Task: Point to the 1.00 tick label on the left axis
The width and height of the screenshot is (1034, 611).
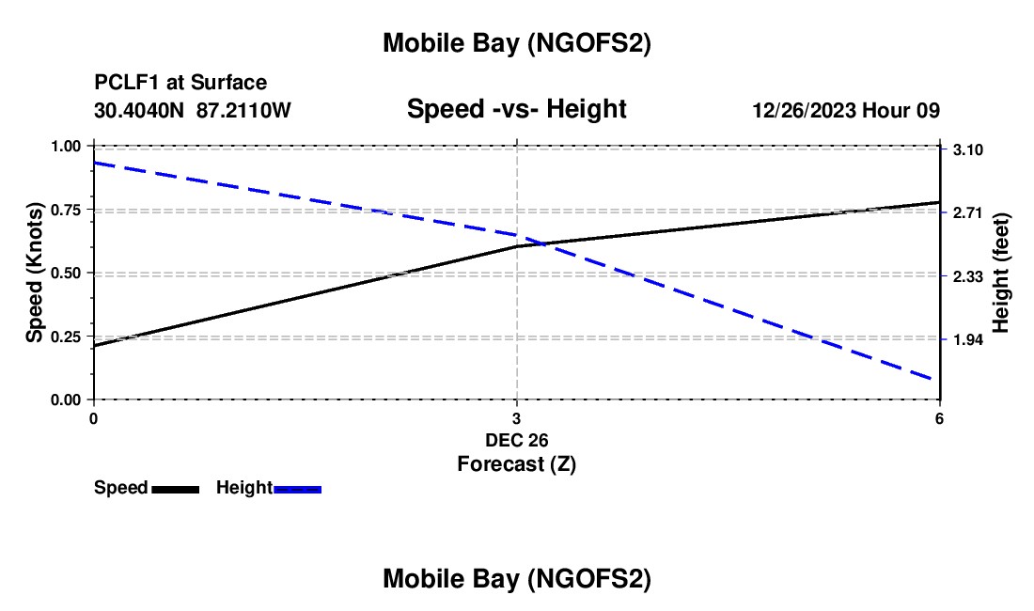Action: click(x=67, y=146)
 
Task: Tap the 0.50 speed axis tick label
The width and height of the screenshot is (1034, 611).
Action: click(x=67, y=273)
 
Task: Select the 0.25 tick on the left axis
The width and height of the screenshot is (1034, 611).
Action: click(x=67, y=336)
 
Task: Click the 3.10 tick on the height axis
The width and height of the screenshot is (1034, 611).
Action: click(x=967, y=150)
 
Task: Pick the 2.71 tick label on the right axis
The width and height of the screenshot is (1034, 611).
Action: click(x=967, y=213)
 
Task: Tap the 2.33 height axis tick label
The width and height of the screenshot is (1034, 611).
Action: click(x=967, y=276)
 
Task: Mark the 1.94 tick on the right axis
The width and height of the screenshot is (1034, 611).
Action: click(x=967, y=339)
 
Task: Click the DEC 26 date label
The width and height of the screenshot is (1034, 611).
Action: click(x=516, y=440)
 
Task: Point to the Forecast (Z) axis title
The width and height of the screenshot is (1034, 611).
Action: click(x=516, y=463)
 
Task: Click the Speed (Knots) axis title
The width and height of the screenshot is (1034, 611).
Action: click(x=35, y=273)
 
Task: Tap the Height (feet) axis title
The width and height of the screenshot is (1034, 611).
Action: click(x=1001, y=273)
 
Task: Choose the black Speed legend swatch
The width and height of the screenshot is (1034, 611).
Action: click(x=175, y=489)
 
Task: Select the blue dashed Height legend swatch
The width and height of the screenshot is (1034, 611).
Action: click(x=297, y=489)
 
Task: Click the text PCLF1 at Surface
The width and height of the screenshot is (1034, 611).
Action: click(x=180, y=84)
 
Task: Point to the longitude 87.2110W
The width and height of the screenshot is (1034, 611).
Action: click(x=244, y=110)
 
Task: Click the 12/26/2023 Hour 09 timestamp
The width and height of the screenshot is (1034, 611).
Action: click(x=845, y=110)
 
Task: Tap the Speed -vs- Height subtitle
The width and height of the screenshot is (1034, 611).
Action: click(x=516, y=109)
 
